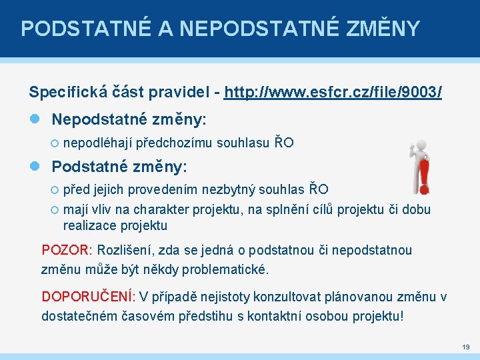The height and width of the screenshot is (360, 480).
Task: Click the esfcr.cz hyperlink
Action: tap(333, 92)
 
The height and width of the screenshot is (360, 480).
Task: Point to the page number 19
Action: tap(465, 347)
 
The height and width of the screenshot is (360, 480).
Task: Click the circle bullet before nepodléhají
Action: tap(55, 143)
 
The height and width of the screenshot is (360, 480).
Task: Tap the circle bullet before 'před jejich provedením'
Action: tap(55, 189)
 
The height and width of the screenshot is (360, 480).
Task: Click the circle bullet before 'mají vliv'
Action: tap(55, 210)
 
